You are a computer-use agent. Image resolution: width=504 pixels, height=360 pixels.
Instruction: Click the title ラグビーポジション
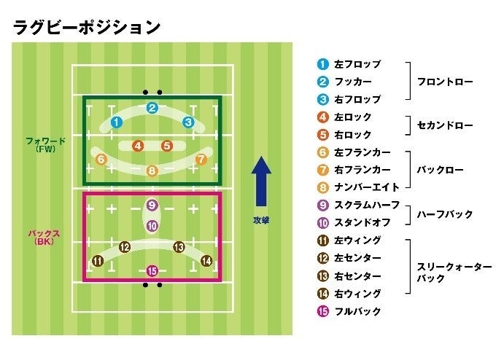86,27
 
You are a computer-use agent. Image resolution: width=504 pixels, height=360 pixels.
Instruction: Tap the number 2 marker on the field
152,109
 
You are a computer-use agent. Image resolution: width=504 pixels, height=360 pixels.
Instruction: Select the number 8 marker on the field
152,171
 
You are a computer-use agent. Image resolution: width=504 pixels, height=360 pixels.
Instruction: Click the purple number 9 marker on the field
152,206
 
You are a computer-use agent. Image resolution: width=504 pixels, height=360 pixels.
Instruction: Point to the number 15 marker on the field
152,271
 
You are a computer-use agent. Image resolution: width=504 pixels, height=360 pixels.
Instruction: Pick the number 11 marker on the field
98,261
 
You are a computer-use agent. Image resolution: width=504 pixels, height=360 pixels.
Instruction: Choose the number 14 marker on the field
206,261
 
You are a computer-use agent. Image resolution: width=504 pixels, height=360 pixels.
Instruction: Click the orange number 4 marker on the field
138,146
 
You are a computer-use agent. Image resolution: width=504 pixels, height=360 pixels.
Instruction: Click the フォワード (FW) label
45,144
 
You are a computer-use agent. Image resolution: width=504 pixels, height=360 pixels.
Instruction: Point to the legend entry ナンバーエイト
368,187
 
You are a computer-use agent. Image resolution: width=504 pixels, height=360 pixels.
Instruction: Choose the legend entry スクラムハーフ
368,205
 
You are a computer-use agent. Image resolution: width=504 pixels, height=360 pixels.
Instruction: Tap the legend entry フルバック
357,311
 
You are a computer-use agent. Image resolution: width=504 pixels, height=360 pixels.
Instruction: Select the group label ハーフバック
444,214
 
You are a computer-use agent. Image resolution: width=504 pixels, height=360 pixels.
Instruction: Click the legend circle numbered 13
323,276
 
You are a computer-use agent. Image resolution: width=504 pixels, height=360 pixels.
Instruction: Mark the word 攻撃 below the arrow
261,219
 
